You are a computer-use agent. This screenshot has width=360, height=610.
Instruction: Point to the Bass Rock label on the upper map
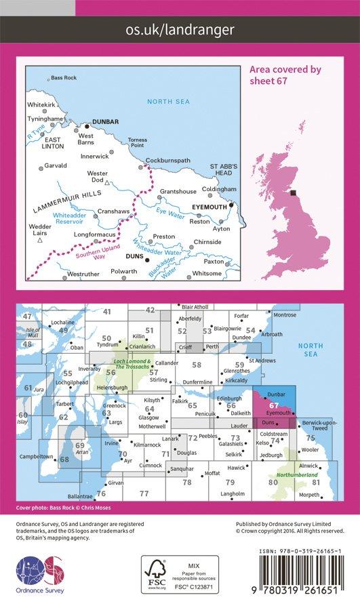pos(64,78)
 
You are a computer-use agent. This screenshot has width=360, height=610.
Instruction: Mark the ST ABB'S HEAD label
pos(222,169)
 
